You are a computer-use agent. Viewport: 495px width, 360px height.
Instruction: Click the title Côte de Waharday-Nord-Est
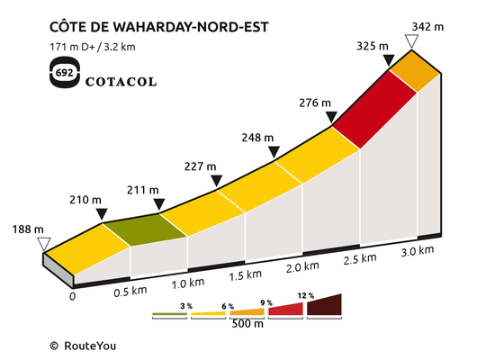tap(159, 26)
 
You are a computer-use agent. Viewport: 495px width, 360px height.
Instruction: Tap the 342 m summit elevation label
tap(427, 27)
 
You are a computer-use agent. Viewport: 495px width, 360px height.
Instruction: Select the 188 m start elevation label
tap(28, 229)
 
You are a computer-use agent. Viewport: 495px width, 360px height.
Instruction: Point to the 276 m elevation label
tap(315, 103)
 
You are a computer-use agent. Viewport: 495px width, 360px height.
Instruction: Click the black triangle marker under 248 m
tap(274, 151)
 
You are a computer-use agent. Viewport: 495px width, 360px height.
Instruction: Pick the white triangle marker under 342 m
tap(411, 41)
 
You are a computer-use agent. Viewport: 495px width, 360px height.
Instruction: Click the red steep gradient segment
tap(374, 109)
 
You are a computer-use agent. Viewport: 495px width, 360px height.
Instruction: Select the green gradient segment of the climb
tap(145, 229)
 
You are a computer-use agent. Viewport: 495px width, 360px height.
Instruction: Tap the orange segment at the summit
tap(415, 71)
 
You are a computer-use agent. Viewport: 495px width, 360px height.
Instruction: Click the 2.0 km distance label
tap(302, 267)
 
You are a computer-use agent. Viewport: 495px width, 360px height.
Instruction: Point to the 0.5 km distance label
tap(130, 292)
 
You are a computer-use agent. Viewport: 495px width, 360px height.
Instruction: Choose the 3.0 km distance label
tap(418, 251)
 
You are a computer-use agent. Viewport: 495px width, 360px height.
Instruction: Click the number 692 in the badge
tap(64, 73)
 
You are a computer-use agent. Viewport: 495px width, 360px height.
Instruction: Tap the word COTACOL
tap(121, 82)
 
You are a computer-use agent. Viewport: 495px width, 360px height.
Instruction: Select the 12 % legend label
tap(306, 295)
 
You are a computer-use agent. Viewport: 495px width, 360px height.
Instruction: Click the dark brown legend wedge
tap(325, 306)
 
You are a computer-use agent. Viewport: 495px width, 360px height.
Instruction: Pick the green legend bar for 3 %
tap(169, 314)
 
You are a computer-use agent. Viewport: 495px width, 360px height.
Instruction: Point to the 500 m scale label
tap(247, 324)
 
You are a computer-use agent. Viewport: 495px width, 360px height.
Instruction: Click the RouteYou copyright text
tap(83, 346)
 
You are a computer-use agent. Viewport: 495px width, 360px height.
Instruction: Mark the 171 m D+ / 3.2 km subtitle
tap(93, 47)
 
